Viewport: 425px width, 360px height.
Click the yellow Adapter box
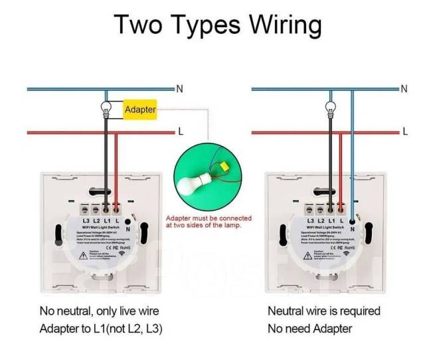[x=140, y=110]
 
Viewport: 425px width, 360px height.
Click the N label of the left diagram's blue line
[x=179, y=88]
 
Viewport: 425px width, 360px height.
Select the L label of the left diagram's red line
[x=180, y=132]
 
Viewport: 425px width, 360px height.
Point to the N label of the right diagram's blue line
[x=404, y=88]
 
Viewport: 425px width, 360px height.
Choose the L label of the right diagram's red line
[x=405, y=132]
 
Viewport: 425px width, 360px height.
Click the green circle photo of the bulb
[x=208, y=176]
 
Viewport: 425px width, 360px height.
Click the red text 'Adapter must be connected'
[x=209, y=219]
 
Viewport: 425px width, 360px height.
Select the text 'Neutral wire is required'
[x=324, y=311]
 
